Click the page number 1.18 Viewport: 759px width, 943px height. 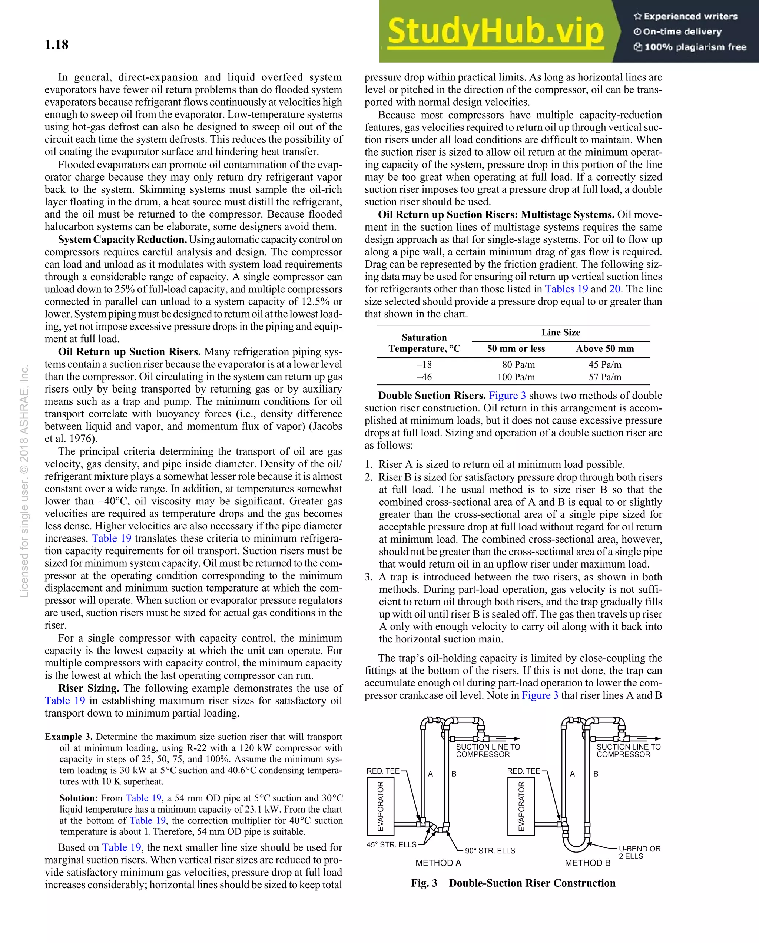point(56,44)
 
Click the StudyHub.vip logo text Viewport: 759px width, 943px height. point(495,32)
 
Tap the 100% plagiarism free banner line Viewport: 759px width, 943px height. point(690,47)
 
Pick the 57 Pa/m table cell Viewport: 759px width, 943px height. point(605,377)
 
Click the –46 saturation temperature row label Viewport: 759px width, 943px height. point(424,377)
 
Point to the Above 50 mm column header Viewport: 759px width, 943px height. point(605,348)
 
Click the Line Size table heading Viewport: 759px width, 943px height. point(560,332)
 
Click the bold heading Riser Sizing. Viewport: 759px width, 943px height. point(89,688)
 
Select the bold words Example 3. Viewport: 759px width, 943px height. point(69,737)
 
